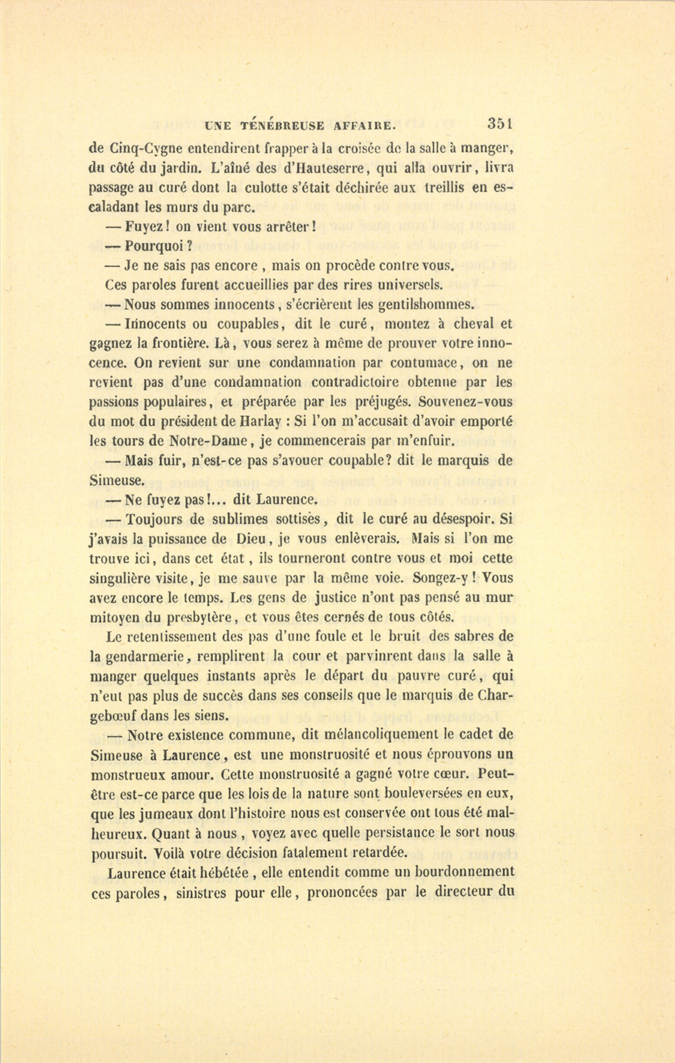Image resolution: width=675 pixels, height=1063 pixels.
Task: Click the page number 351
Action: (499, 124)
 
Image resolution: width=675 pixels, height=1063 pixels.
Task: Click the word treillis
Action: (442, 187)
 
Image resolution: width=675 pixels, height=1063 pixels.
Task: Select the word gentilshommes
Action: (426, 304)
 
